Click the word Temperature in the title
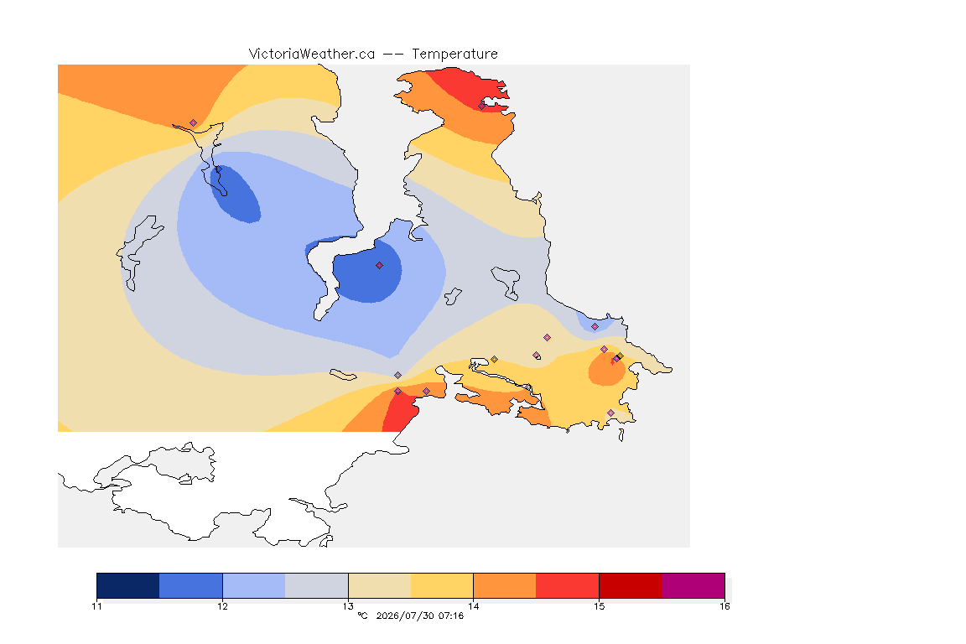click(x=454, y=55)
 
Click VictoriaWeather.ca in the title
click(x=312, y=55)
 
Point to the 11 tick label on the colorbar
click(x=96, y=606)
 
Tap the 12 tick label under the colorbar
click(x=222, y=606)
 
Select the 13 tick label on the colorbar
click(x=348, y=606)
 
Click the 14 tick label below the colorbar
click(x=473, y=606)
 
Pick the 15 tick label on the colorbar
click(x=599, y=606)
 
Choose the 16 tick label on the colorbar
click(x=724, y=606)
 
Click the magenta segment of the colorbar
click(x=693, y=585)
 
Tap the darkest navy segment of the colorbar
click(x=128, y=585)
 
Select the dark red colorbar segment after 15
click(x=631, y=585)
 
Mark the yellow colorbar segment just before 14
click(x=442, y=585)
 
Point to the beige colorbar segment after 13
click(x=380, y=585)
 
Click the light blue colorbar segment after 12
click(x=254, y=585)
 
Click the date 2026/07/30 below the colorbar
click(x=404, y=615)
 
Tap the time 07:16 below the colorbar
click(x=451, y=615)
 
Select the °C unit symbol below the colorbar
click(x=363, y=615)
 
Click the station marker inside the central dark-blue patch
click(x=380, y=266)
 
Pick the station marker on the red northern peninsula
click(x=482, y=106)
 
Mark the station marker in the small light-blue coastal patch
click(x=595, y=327)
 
